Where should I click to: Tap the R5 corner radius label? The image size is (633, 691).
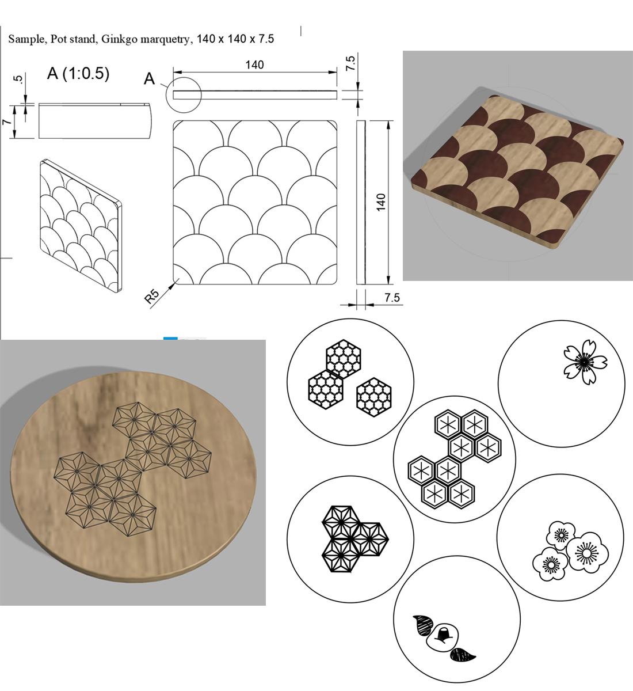click(x=151, y=296)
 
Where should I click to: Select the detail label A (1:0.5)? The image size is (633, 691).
click(x=78, y=73)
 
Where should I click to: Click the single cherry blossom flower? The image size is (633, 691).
click(x=585, y=362)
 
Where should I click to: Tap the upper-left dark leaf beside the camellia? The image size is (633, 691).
click(x=422, y=625)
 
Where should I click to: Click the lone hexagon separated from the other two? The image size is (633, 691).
click(x=374, y=397)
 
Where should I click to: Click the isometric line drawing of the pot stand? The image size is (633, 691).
click(x=81, y=226)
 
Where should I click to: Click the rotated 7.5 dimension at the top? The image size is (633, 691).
click(x=350, y=63)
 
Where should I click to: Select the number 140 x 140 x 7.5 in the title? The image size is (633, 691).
click(x=235, y=39)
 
